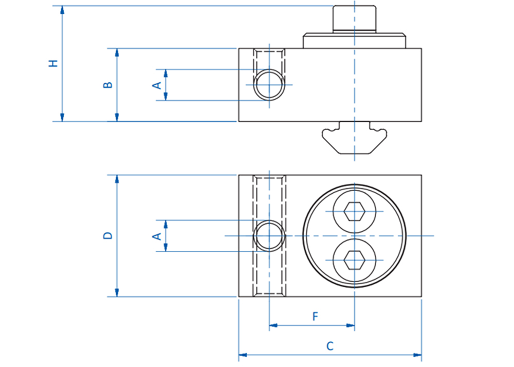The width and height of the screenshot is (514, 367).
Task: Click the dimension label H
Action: [53, 63]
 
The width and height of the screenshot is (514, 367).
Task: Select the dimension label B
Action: [107, 84]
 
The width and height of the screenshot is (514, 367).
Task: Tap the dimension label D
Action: [107, 235]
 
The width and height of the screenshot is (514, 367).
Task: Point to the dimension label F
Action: [315, 316]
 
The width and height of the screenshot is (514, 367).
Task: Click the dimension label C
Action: [330, 346]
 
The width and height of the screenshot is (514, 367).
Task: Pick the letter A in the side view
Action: [157, 85]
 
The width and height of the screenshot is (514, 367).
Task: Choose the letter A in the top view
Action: [157, 236]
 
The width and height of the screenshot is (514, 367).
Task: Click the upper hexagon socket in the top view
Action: [354, 212]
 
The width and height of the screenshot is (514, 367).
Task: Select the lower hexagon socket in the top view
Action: [354, 260]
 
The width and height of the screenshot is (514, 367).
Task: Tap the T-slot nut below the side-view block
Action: [354, 138]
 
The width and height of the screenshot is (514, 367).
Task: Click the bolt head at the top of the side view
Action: [354, 19]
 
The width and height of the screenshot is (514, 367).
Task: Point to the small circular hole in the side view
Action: [269, 85]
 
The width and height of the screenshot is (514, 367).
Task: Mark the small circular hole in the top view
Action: [269, 236]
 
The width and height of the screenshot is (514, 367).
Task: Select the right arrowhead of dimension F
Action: [350, 325]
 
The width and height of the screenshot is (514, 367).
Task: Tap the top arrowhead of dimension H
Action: [62, 10]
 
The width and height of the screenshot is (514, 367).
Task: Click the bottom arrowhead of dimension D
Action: [117, 292]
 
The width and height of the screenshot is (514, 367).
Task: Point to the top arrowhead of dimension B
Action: [117, 53]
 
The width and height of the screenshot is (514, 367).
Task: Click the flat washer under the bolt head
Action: [354, 40]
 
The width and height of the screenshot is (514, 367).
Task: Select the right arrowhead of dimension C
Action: [417, 355]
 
